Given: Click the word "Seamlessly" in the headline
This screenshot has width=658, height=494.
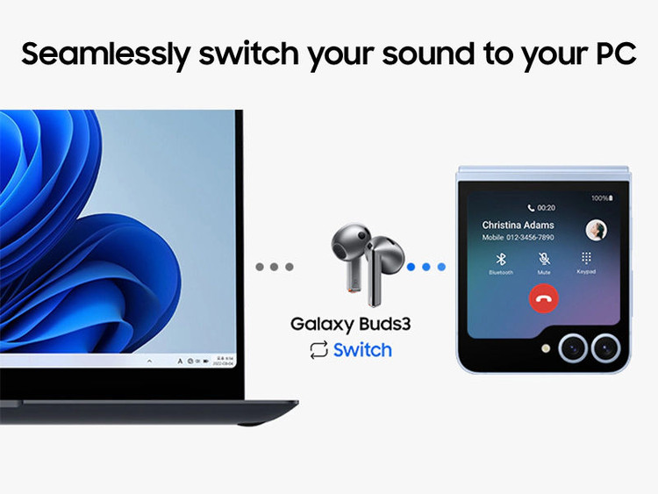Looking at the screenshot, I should coord(104,54).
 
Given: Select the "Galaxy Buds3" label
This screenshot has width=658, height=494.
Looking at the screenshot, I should coord(351,324).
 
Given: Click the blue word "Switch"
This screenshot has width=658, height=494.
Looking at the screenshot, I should coord(362,350).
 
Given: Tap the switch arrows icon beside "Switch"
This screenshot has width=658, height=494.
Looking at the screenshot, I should coord(318,351).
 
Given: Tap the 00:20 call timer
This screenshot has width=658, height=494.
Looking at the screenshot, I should coord(542,208).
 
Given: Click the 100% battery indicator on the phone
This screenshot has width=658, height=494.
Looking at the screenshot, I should coord(600,198).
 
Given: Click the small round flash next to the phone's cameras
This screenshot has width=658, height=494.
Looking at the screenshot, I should coord(546,347).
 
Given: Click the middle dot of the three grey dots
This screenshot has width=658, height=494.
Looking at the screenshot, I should coord(274,266).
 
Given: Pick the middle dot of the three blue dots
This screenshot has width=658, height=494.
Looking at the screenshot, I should coord(426,266).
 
